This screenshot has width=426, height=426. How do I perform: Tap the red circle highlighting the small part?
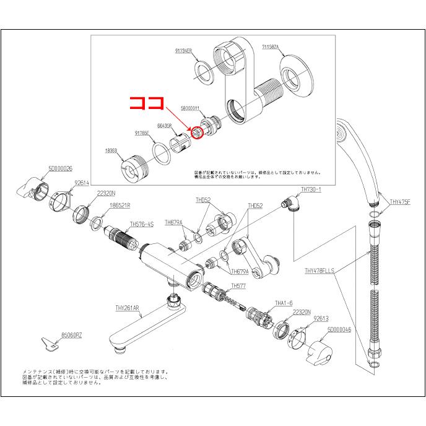coord(198,132)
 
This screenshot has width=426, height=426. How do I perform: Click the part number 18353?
coord(112,150)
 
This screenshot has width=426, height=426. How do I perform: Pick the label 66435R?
coord(164,125)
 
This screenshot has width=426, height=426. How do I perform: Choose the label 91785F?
coord(142,133)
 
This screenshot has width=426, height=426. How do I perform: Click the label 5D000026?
coord(61,168)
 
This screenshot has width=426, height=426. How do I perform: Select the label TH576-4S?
coord(142,224)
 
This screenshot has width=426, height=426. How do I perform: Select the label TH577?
coord(238,285)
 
